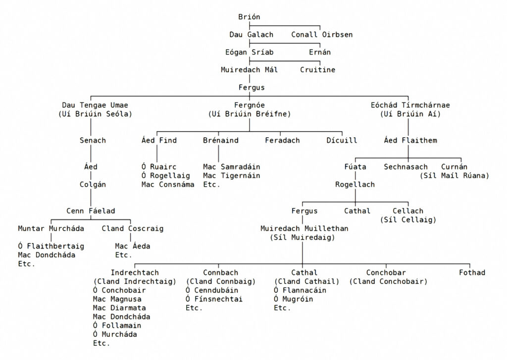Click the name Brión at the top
point(249,17)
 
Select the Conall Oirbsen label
point(321,35)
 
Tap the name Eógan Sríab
point(249,52)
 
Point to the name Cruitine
point(317,70)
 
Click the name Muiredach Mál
point(249,70)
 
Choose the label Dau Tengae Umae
point(95,105)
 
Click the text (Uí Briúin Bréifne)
point(249,114)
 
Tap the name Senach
point(93,140)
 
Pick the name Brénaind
point(220,140)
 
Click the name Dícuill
point(342,140)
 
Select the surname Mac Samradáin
point(231,167)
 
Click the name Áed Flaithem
point(410,140)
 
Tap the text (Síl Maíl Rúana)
point(454,176)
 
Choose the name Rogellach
point(355,184)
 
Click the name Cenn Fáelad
point(91,211)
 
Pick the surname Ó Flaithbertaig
point(51,246)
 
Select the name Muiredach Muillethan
point(304,228)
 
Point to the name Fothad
point(472,272)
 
